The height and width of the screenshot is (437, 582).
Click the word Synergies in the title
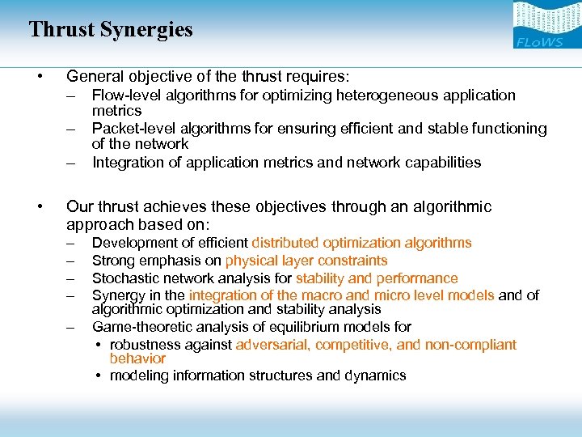click(146, 30)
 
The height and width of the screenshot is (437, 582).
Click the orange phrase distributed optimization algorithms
click(361, 243)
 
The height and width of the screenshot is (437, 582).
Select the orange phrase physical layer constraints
click(306, 261)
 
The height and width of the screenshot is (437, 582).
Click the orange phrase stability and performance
click(377, 278)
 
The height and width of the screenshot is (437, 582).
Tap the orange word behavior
click(137, 359)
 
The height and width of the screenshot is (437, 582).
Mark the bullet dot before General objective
click(39, 77)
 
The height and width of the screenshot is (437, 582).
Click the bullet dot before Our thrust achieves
click(39, 207)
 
